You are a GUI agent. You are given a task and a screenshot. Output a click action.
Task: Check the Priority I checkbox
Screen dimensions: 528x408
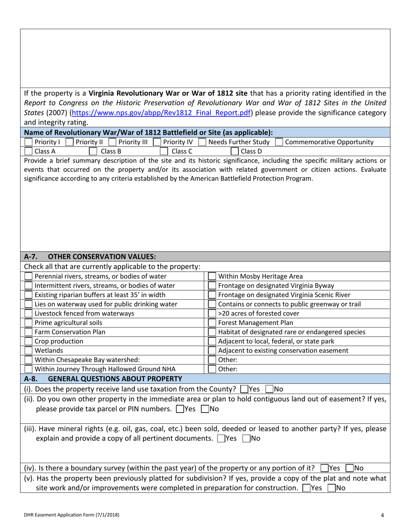[x=28, y=142]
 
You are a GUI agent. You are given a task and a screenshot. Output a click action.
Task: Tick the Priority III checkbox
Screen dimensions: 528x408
[x=113, y=142]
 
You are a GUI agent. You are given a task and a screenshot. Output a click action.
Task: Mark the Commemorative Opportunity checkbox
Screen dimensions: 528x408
[x=279, y=142]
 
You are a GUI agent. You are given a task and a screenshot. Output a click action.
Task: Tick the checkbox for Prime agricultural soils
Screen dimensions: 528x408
[x=28, y=322]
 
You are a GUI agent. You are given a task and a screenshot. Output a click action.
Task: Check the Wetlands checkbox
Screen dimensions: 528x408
[x=28, y=350]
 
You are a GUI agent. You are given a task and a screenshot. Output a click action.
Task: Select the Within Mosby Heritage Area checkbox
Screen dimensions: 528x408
[x=212, y=276]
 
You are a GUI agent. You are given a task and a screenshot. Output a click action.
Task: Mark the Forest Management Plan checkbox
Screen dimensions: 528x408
[x=212, y=322]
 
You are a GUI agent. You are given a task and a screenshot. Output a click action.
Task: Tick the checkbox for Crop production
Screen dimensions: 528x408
[x=28, y=341]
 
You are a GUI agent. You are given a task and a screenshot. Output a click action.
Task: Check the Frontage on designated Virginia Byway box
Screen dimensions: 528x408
[x=212, y=285]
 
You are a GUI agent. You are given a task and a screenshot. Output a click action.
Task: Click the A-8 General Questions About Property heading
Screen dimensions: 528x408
[x=103, y=378]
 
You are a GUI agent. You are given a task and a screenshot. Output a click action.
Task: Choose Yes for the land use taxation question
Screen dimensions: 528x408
[x=244, y=389]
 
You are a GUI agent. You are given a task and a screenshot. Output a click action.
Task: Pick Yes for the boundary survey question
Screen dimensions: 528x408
[x=323, y=468]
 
